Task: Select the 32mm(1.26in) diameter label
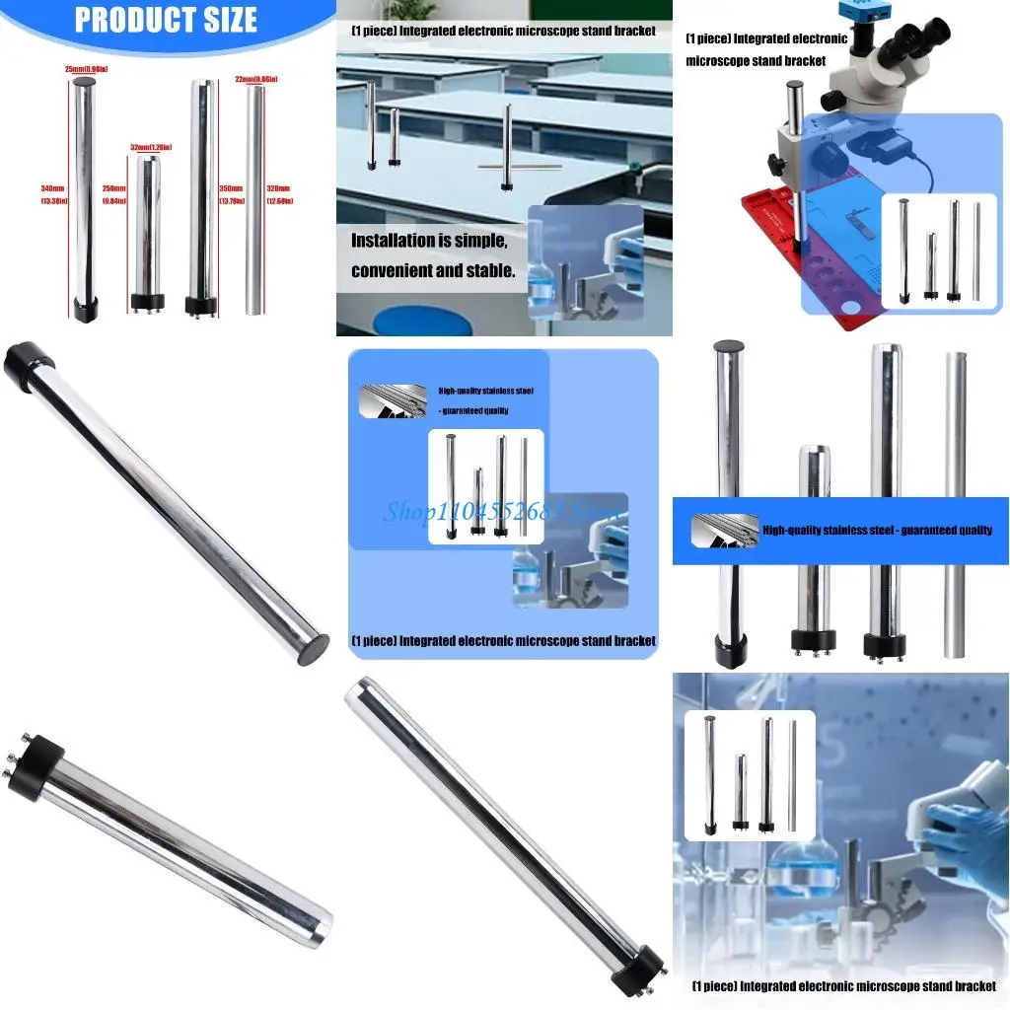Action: click(151, 148)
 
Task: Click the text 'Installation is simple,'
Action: click(429, 240)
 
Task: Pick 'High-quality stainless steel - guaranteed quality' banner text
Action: click(877, 531)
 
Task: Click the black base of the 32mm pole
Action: click(146, 300)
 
